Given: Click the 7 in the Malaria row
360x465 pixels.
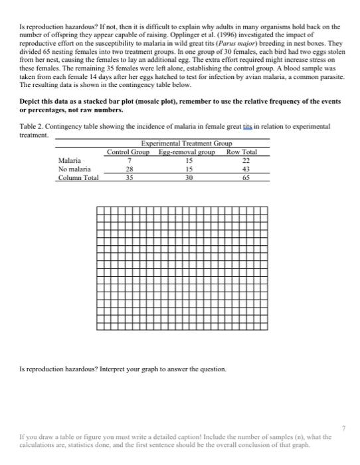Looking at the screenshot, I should tap(131, 160).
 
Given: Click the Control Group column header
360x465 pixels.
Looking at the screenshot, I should tap(130, 152).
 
